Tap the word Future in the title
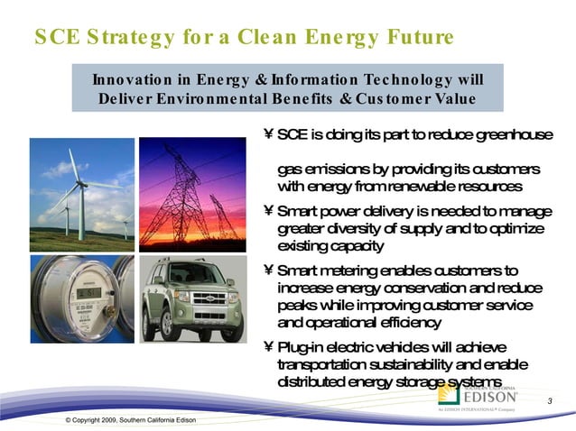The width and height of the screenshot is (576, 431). coord(413,37)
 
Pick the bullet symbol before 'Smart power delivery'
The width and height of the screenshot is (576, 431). coord(268,212)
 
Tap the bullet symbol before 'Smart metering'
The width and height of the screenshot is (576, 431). coord(268,271)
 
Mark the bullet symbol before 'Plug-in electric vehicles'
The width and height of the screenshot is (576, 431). coord(268,348)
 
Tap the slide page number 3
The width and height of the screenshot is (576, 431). coord(549,400)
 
